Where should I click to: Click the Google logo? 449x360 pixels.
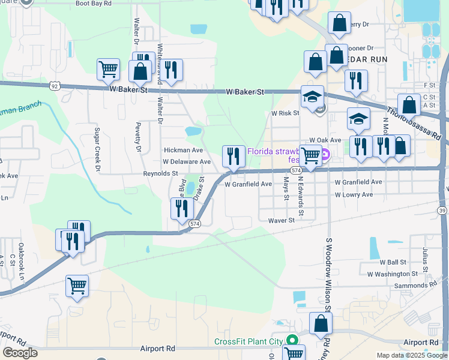pos(20,353)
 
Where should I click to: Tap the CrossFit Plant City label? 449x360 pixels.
pos(249,342)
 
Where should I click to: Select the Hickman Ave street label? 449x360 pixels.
pos(183,150)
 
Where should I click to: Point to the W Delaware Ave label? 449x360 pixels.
pos(187,162)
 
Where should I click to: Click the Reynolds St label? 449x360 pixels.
pos(160,173)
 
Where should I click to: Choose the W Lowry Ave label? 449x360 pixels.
pos(354,195)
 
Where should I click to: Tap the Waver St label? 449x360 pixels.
pos(282,220)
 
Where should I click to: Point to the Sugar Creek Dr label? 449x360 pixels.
pos(97,148)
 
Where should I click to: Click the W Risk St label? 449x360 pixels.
pos(285,113)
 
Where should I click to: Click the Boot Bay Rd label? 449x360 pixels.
pos(94,3)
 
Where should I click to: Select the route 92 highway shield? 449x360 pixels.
pos(55,86)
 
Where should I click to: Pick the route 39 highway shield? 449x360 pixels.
pos(442,210)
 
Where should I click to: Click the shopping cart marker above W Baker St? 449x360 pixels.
pos(108,69)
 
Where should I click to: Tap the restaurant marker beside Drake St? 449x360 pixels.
pos(181,209)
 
